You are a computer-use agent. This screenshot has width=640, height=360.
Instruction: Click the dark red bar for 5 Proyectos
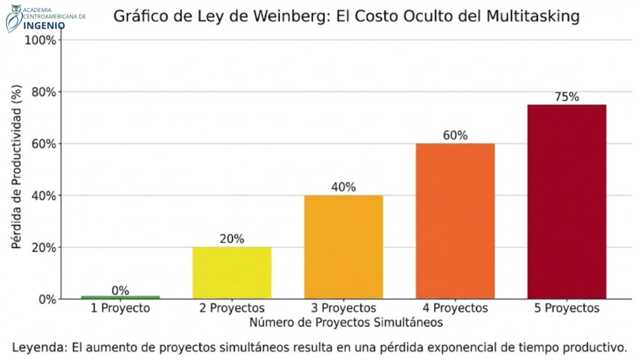[x=567, y=201]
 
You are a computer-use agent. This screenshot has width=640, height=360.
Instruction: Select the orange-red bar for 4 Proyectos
[x=455, y=221]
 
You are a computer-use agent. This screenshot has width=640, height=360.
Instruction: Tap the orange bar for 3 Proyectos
[x=344, y=247]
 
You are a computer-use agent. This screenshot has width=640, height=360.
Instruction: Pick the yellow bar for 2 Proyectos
[x=232, y=272]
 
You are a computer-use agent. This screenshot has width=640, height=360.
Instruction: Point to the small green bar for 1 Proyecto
[x=121, y=297]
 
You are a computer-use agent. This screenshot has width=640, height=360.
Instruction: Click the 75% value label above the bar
[x=567, y=97]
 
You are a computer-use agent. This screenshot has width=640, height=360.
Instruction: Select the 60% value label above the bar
[x=455, y=136]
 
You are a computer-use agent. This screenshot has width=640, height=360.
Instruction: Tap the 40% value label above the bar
[x=344, y=187]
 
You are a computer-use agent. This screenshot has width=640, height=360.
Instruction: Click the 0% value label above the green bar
[x=121, y=291]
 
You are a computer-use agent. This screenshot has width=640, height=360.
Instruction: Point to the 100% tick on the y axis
[x=41, y=41]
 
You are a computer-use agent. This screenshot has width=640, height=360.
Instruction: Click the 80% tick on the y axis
[x=43, y=92]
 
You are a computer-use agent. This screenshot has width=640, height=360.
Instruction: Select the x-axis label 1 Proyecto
[x=121, y=309]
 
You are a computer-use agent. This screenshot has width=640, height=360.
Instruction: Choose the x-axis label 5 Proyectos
[x=567, y=309]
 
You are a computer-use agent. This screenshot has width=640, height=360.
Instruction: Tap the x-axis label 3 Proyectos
[x=344, y=309]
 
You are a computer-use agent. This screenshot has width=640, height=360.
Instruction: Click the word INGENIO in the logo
[x=44, y=25]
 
